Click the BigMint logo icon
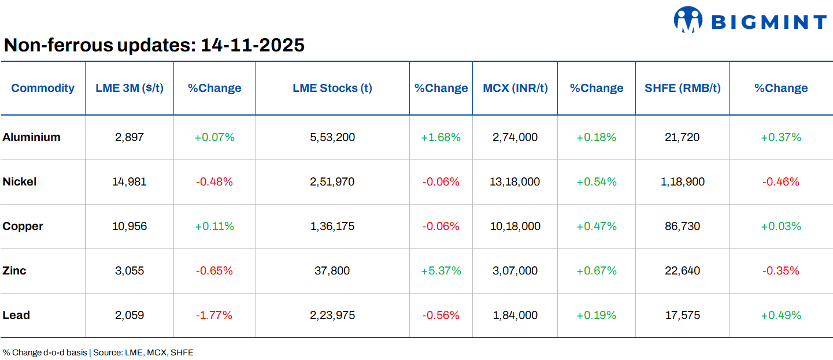click(687, 19)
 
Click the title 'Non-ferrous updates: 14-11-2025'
click(154, 44)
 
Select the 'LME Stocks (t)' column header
click(332, 88)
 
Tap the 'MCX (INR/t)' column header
click(515, 88)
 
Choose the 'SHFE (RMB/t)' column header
click(682, 88)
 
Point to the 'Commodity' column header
click(43, 88)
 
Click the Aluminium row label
click(31, 137)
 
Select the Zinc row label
click(14, 270)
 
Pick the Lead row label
click(16, 315)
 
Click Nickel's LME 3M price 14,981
click(129, 181)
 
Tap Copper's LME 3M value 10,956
click(129, 226)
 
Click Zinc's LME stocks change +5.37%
click(441, 270)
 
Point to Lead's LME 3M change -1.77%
click(214, 315)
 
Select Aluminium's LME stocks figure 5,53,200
click(332, 137)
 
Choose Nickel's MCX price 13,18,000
click(515, 181)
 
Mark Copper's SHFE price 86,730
click(682, 226)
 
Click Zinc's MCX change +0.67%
click(597, 270)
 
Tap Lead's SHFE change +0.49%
click(781, 315)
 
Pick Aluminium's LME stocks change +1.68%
click(441, 137)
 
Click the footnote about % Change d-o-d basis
click(98, 352)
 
